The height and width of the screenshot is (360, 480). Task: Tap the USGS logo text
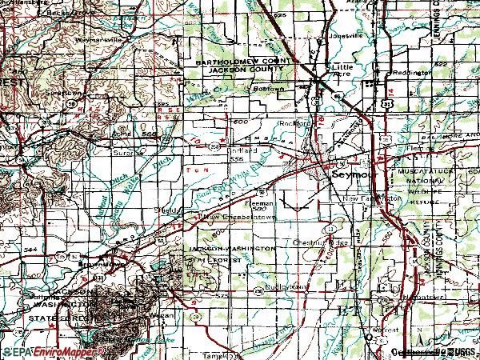click(463, 351)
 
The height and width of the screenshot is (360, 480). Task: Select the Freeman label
click(266, 202)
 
